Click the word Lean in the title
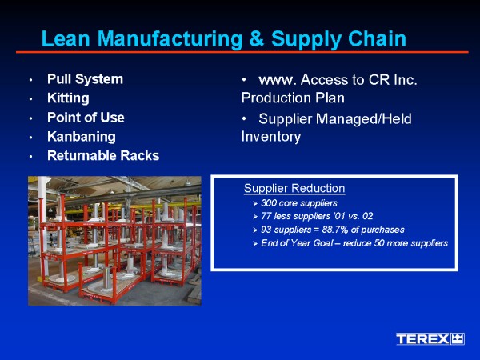click(x=66, y=38)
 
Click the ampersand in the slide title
click(x=257, y=38)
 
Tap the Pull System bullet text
click(x=85, y=79)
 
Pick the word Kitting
click(x=68, y=98)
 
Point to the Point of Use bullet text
click(x=86, y=118)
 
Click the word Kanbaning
click(x=82, y=137)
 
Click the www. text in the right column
click(x=278, y=80)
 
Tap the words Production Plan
click(x=293, y=98)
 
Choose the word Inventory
click(x=271, y=137)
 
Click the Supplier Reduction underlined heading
click(x=294, y=188)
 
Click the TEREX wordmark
click(x=422, y=339)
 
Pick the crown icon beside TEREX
click(x=458, y=339)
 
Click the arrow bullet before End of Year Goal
click(x=255, y=244)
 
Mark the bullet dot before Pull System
click(x=31, y=80)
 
